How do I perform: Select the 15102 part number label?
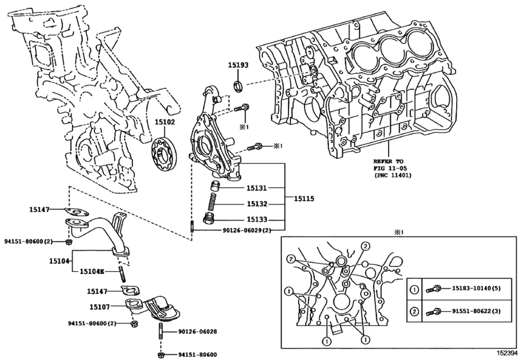(164, 120)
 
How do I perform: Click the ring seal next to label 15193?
(237, 85)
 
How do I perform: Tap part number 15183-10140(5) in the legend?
(472, 289)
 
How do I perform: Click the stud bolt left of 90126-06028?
(158, 332)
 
